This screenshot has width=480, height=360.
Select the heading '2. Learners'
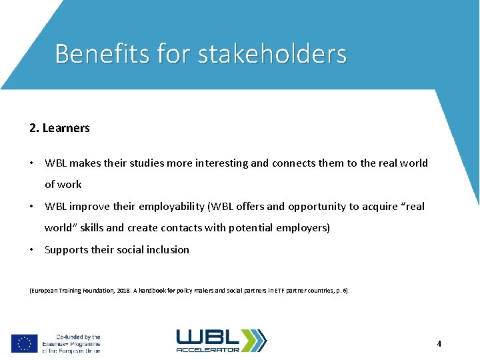coord(59,128)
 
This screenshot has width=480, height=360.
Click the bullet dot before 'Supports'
coord(32,250)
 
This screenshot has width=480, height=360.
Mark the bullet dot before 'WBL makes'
coord(32,163)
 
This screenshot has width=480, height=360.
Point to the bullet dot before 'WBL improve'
coord(32,207)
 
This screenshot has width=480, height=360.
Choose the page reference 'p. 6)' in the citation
coord(340,291)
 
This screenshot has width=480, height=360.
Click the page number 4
coord(439,344)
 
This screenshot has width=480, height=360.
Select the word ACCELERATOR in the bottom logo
coord(207,349)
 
